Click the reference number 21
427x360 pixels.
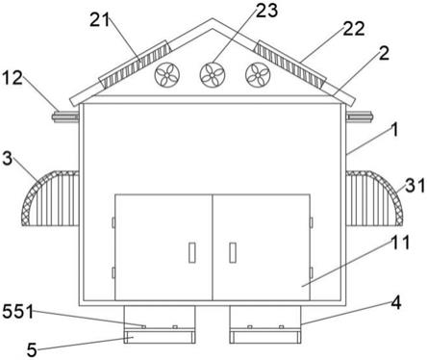[100, 21]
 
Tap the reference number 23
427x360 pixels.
[266, 10]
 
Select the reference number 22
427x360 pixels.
[354, 28]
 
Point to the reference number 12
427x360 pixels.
[13, 78]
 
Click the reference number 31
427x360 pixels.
[415, 186]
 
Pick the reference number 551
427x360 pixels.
[18, 311]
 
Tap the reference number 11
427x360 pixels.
[400, 243]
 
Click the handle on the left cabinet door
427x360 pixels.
[192, 252]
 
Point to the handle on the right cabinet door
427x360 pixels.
[233, 252]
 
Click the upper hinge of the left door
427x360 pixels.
[113, 222]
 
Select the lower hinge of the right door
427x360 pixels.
[312, 272]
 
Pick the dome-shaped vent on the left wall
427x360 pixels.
[50, 198]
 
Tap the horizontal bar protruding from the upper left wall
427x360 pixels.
[65, 116]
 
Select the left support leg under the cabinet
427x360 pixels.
[160, 324]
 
